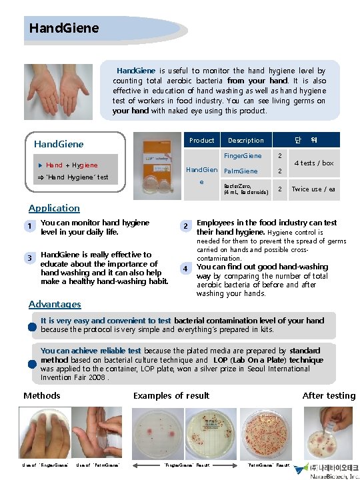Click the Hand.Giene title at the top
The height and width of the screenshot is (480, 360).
click(64, 28)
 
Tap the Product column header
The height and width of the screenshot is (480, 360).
click(201, 140)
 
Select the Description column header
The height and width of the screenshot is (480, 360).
click(245, 140)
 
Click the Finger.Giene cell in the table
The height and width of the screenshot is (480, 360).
click(243, 156)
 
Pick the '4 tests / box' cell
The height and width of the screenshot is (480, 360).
click(313, 163)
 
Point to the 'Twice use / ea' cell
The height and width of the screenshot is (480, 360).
click(313, 189)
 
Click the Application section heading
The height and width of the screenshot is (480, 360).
click(54, 208)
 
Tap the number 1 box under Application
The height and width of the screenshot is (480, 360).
click(29, 227)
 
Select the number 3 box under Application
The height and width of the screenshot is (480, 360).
click(29, 258)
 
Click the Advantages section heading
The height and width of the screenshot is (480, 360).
click(55, 304)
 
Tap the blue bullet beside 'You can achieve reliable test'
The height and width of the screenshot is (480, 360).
click(31, 363)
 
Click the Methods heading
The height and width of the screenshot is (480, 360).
click(42, 395)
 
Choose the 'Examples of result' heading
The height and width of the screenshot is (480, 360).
click(171, 395)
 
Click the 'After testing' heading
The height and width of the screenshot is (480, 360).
click(329, 395)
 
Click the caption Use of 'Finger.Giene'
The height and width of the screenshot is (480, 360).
click(44, 465)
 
